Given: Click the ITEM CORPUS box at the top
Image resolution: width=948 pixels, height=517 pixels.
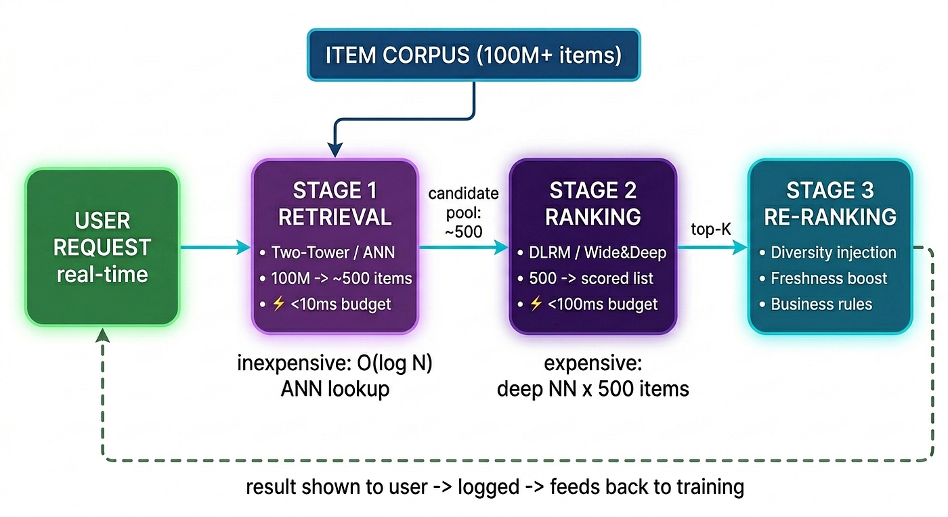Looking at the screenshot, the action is point(473,55).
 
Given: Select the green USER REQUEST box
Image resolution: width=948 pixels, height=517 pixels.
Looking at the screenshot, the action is point(102,247).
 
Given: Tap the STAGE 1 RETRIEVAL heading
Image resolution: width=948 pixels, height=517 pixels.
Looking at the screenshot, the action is point(335,204).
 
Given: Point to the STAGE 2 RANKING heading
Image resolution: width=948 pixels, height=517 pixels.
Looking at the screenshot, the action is point(593,204).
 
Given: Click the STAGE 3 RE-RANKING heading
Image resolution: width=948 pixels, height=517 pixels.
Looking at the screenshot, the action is point(830,204).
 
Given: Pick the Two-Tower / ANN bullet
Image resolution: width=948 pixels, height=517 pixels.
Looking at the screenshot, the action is point(327,252).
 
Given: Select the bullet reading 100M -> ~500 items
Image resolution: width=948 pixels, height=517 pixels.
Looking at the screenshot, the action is point(336,278).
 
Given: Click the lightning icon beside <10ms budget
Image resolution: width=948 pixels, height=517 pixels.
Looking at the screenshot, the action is point(278,304).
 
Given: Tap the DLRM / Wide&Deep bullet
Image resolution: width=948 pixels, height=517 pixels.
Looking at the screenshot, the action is point(592,252).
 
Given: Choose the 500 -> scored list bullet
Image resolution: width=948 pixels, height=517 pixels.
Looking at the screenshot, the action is point(585,278).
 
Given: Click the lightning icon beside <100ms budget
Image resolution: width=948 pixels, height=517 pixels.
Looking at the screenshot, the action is point(536,304).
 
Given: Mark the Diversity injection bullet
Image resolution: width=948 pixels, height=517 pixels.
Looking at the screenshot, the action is point(827,252).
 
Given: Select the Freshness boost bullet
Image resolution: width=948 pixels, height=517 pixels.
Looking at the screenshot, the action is point(823,278).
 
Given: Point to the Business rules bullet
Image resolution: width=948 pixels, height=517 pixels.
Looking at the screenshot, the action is point(816,305).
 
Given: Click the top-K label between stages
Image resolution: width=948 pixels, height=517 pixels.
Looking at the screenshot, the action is point(711,229).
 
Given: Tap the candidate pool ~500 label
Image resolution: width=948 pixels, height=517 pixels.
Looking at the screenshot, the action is point(463,212).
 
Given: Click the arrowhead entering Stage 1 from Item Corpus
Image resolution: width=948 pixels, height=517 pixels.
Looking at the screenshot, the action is point(335,150).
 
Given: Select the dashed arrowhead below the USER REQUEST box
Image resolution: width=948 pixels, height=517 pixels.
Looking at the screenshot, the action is point(102,335).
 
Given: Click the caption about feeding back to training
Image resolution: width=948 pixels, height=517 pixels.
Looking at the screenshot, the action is point(495,487).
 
